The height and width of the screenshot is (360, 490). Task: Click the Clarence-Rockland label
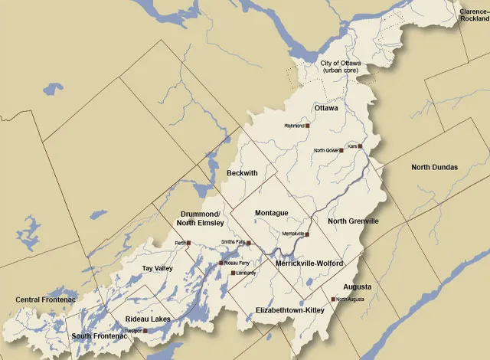474,15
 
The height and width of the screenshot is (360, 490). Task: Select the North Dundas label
434,167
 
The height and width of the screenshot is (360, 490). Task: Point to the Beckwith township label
242,174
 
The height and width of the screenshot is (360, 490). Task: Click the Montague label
271,212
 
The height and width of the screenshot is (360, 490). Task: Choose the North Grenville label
353,221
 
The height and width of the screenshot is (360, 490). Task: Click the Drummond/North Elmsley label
202,218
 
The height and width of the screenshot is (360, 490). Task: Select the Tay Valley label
158,269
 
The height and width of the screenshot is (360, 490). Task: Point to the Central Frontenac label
43,299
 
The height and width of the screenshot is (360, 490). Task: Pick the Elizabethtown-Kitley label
289,310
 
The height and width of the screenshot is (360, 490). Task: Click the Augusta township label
357,286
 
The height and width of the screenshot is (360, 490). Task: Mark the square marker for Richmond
308,126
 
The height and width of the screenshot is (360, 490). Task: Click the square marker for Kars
360,146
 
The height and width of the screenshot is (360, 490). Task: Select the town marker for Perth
188,243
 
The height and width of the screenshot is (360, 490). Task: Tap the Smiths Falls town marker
249,242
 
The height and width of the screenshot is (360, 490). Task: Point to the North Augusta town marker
333,299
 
